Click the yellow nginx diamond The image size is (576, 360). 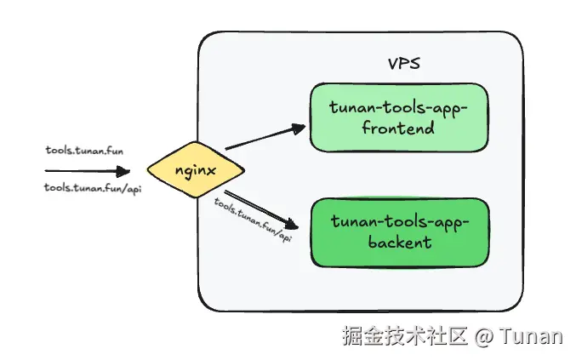[x=195, y=169]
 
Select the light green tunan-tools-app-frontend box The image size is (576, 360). [x=397, y=117]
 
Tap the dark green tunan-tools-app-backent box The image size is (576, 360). [x=397, y=231]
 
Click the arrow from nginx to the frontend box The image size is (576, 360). [x=264, y=138]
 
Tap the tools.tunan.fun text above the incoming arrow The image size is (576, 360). [x=84, y=150]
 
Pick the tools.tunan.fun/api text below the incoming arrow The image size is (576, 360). [x=92, y=188]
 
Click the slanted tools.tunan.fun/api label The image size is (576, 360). [x=253, y=220]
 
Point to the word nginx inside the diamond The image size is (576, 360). [x=195, y=169]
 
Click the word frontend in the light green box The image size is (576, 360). [x=397, y=129]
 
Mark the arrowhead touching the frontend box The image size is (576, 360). [x=298, y=129]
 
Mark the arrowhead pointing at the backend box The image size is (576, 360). [x=294, y=226]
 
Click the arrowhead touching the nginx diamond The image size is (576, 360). [x=136, y=170]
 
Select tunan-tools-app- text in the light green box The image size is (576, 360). [x=397, y=107]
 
